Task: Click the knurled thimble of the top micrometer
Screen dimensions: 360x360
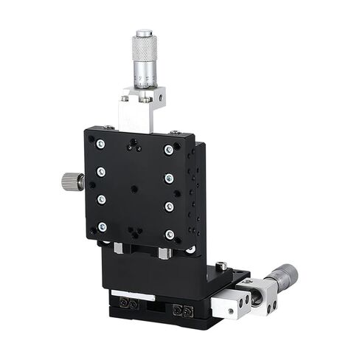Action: [143, 47]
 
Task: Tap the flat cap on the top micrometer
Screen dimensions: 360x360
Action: [143, 32]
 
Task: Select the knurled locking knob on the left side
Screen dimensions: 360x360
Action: [72, 179]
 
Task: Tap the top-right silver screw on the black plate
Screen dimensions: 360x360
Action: [169, 150]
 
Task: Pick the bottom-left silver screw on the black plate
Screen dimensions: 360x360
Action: [102, 226]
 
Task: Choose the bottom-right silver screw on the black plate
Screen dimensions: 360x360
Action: [170, 235]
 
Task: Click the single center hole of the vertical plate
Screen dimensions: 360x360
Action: [134, 189]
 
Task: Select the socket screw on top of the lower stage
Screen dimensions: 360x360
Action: [220, 265]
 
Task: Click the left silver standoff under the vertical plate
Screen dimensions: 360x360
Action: [118, 249]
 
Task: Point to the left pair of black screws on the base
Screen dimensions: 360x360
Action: [129, 303]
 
